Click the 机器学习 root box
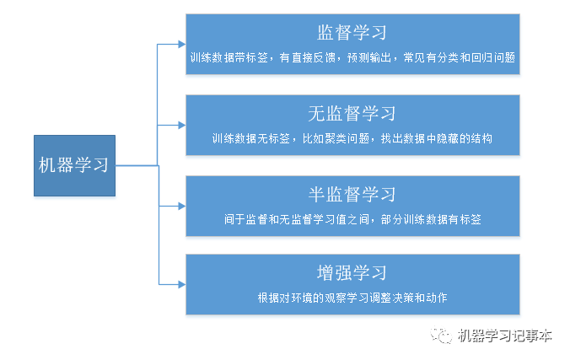pyautogui.click(x=74, y=165)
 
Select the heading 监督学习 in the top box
pyautogui.click(x=352, y=33)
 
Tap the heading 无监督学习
pyautogui.click(x=352, y=114)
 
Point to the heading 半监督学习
pyautogui.click(x=352, y=195)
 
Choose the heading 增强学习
pyautogui.click(x=352, y=273)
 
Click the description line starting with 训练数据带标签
pyautogui.click(x=352, y=58)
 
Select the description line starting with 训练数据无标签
pyautogui.click(x=352, y=138)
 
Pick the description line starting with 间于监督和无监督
pyautogui.click(x=352, y=219)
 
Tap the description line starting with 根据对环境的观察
pyautogui.click(x=352, y=298)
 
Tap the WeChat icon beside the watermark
pyautogui.click(x=442, y=336)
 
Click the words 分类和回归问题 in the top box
pyautogui.click(x=474, y=58)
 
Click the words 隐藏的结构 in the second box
pyautogui.click(x=463, y=138)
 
